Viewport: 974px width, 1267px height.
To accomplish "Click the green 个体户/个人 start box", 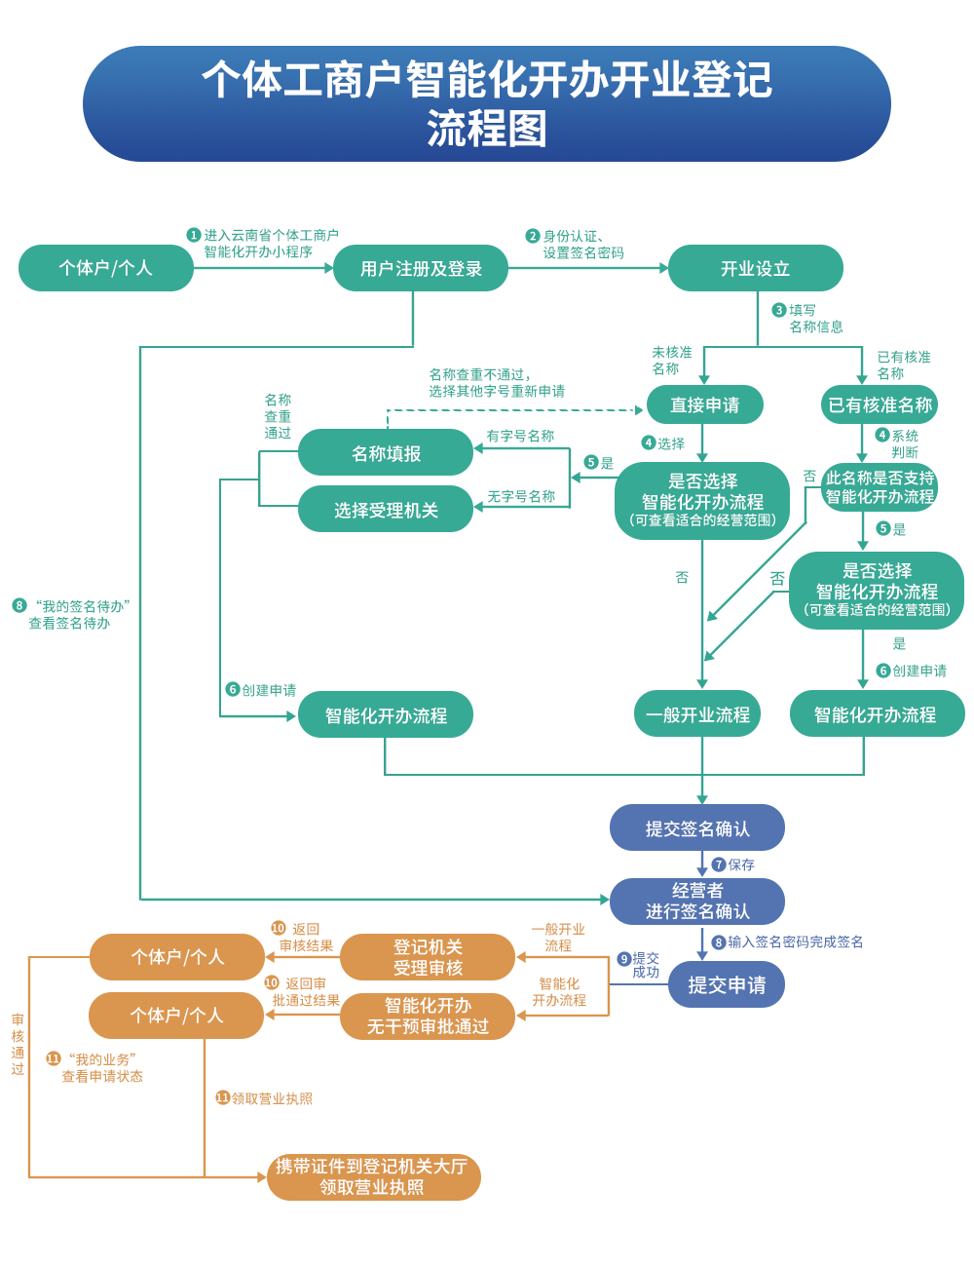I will coord(105,268).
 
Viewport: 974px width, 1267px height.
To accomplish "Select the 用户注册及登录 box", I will coord(421,269).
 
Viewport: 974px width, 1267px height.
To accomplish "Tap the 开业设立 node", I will coord(755,269).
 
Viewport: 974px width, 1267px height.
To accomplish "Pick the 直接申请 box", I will coord(704,405).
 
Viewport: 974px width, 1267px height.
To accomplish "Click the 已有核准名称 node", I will coord(880,405).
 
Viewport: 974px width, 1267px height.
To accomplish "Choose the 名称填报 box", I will coord(386,453).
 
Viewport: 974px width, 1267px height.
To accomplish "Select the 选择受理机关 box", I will coord(386,510).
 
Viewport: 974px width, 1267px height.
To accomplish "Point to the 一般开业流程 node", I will coord(697,714).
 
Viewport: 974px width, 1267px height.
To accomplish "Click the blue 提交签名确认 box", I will coord(697,828).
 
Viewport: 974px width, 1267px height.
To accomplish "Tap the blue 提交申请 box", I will coord(727,985).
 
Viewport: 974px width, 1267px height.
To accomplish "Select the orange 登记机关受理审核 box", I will coord(428,957).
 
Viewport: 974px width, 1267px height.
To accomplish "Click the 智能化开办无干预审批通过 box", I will coord(428,1016).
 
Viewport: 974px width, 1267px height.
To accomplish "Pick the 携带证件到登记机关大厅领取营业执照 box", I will coord(373,1176).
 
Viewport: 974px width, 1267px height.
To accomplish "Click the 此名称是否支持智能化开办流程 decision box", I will coord(880,487).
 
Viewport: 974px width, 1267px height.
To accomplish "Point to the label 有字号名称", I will coord(520,437).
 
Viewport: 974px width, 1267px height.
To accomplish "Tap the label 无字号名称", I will coord(521,497).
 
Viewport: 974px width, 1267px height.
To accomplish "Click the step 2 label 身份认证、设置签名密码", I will coord(582,245).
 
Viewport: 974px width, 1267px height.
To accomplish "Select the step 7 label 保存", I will coord(740,864).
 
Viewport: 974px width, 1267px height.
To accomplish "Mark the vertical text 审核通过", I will coord(18,1045).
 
